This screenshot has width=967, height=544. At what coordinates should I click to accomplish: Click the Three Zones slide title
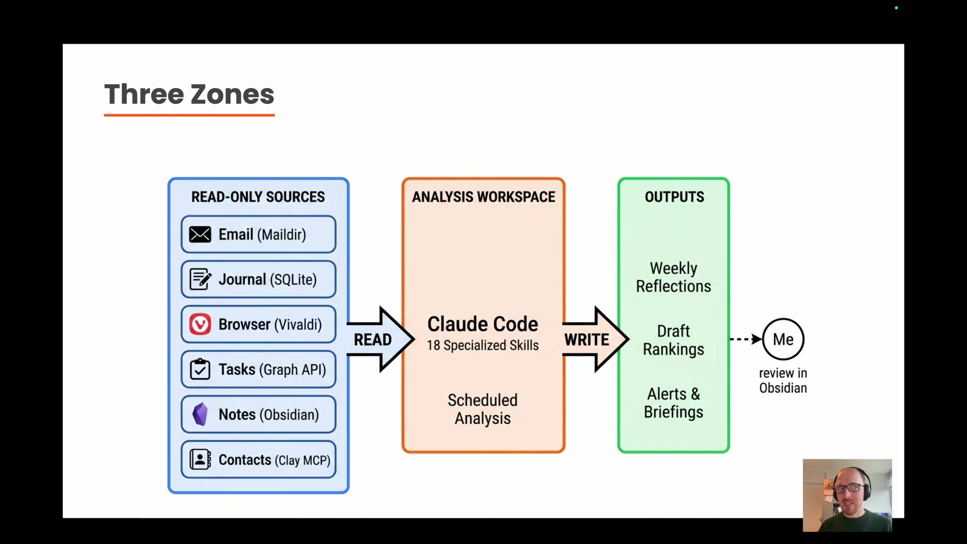point(189,95)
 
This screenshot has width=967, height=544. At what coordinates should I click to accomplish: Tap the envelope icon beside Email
point(200,235)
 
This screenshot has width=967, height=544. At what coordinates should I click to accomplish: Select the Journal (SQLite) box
point(258,280)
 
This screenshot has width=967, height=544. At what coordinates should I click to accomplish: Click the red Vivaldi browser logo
point(200,324)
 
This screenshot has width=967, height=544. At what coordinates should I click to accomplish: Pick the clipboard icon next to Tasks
point(200,369)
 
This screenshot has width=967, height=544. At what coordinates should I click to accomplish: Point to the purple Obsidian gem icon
point(200,414)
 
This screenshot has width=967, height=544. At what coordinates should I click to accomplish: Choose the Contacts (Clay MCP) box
point(258,459)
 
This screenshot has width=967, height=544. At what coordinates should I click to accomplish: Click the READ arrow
point(378,339)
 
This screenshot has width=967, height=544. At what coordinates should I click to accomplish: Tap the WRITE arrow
point(592,339)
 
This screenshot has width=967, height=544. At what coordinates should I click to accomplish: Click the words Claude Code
point(482,324)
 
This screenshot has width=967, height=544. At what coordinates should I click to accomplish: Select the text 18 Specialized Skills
point(482,346)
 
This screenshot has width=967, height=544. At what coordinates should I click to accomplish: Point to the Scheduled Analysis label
point(482,409)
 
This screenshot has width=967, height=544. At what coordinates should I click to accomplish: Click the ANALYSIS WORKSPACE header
point(483,197)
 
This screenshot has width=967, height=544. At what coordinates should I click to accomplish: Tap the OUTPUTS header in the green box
point(674,197)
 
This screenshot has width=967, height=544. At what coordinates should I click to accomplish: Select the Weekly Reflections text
point(673,277)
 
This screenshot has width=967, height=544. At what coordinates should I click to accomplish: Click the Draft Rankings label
point(673,340)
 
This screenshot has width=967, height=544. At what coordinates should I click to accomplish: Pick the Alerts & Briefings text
point(673,403)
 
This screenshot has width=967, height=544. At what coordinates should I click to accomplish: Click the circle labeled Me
point(783,339)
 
